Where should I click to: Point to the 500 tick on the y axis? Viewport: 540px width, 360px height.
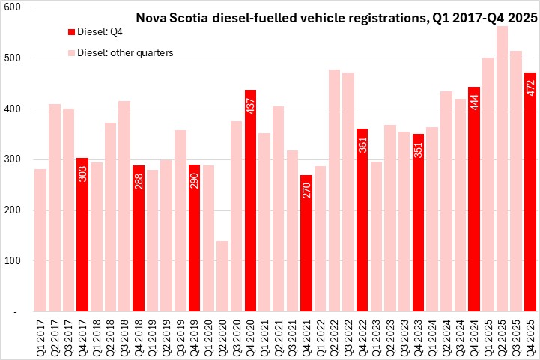[13, 58]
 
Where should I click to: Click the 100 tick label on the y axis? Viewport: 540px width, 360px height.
[13, 261]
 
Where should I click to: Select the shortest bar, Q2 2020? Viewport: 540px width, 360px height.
[222, 276]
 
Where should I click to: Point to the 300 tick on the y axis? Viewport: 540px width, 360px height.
[13, 160]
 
